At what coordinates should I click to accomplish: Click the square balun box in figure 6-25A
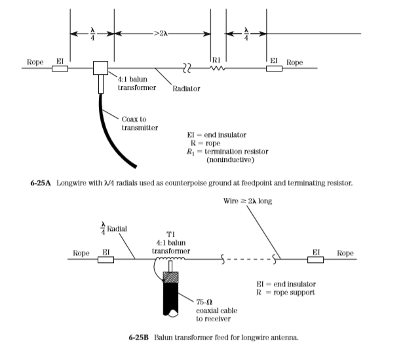(100, 68)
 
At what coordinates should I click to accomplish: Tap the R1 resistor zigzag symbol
(217, 68)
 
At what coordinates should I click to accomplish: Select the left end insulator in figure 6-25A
(60, 68)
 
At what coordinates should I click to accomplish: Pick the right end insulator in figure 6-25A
(274, 68)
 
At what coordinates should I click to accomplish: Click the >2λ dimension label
(161, 33)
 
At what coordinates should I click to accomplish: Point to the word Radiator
(186, 89)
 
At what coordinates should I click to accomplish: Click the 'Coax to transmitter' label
(140, 123)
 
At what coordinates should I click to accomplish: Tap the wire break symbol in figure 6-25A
(187, 68)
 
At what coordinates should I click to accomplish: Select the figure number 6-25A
(41, 183)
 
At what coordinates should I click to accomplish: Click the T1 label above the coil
(170, 234)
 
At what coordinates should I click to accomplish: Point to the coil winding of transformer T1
(170, 258)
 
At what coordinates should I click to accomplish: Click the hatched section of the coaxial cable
(170, 277)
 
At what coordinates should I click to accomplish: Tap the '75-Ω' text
(204, 302)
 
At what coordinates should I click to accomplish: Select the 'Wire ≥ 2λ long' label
(248, 201)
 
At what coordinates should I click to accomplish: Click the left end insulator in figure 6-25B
(106, 260)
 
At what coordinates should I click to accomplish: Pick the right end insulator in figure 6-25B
(316, 260)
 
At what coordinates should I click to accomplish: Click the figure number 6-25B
(139, 337)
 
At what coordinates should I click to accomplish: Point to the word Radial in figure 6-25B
(117, 229)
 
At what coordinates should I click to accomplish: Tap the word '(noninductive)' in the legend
(230, 160)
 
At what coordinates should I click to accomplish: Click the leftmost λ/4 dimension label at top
(92, 33)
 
